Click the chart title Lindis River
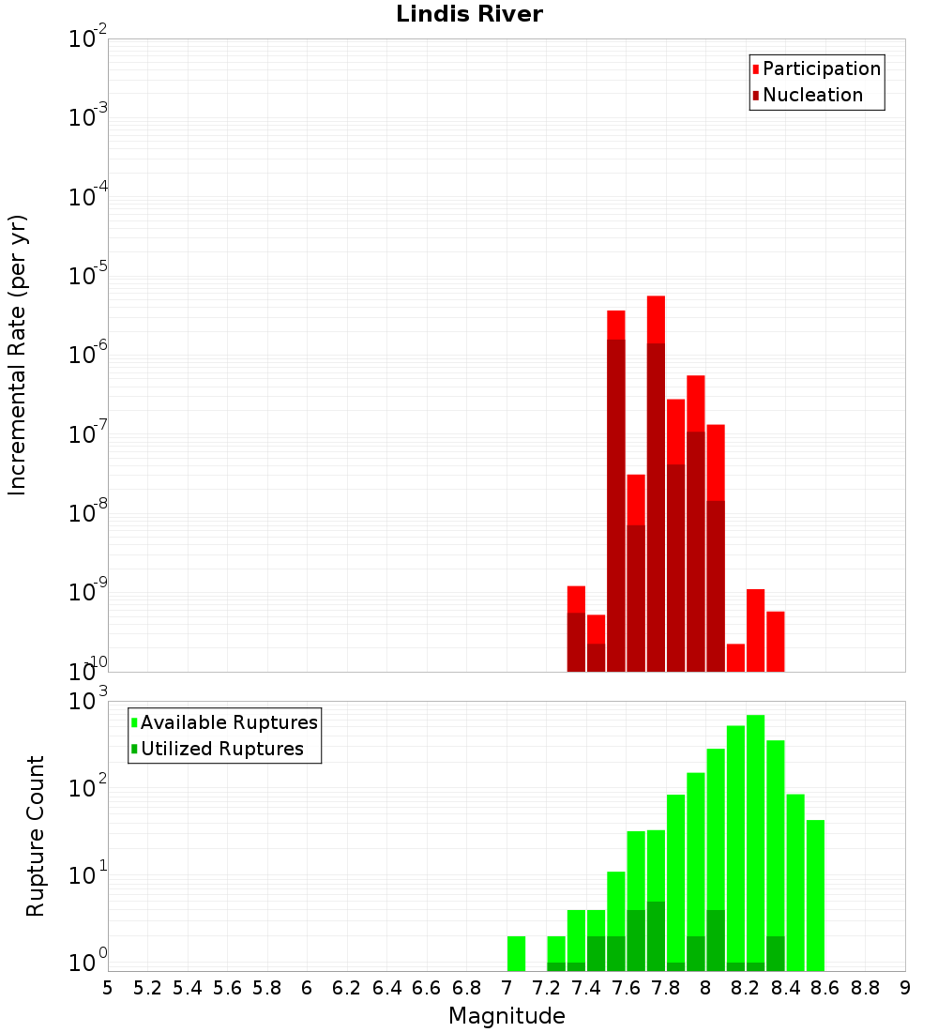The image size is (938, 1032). [469, 15]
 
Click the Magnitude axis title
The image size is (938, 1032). [507, 1016]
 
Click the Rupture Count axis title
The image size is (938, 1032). [36, 836]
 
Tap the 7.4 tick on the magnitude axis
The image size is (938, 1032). [586, 988]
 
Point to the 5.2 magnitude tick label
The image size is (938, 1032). [147, 988]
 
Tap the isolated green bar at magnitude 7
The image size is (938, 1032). [516, 953]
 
